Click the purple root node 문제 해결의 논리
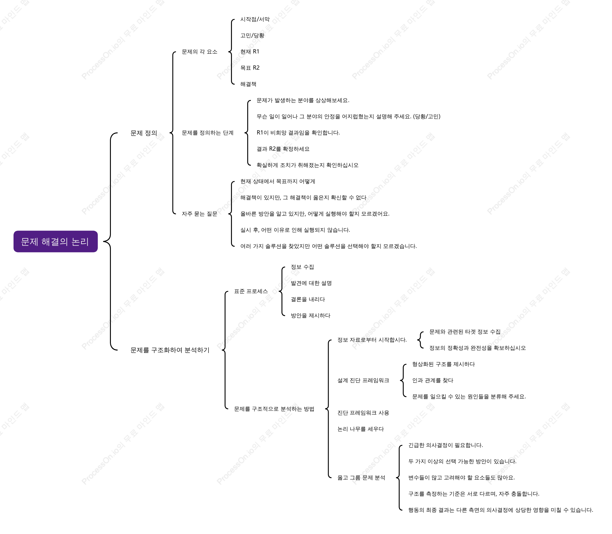click(x=56, y=242)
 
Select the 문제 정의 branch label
click(x=144, y=133)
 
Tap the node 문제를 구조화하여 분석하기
click(x=170, y=350)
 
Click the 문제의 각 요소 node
click(x=199, y=52)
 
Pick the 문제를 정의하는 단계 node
click(x=208, y=133)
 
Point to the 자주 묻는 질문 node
click(x=199, y=214)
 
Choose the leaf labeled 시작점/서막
click(x=255, y=19)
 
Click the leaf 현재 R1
click(x=250, y=52)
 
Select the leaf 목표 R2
click(x=250, y=68)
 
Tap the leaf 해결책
click(x=248, y=84)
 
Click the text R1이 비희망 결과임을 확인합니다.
click(x=298, y=133)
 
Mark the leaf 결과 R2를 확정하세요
click(x=283, y=149)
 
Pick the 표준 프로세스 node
click(x=251, y=291)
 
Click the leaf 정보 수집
click(x=302, y=267)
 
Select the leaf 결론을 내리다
click(x=308, y=299)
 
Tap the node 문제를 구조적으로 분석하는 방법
click(x=274, y=409)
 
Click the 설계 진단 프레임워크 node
click(x=363, y=380)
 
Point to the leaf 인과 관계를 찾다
click(x=433, y=380)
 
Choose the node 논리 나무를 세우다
click(x=361, y=429)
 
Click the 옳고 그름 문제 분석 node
click(x=361, y=478)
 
